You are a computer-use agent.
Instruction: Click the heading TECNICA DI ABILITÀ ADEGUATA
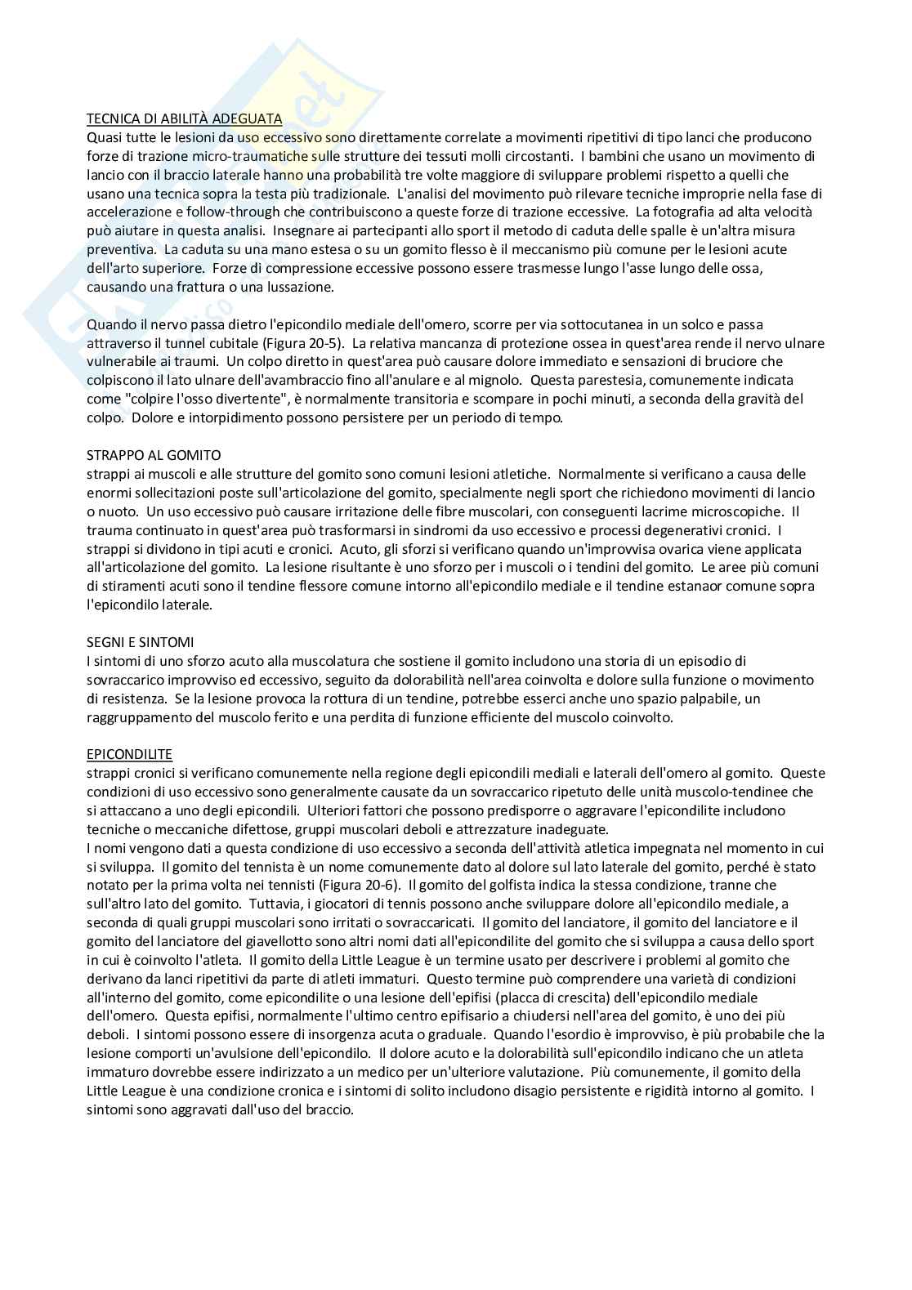185,118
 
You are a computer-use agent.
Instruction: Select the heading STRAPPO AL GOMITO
154,455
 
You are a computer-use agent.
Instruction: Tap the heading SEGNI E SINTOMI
140,642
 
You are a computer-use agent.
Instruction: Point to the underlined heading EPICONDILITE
129,754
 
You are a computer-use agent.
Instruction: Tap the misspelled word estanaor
692,586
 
